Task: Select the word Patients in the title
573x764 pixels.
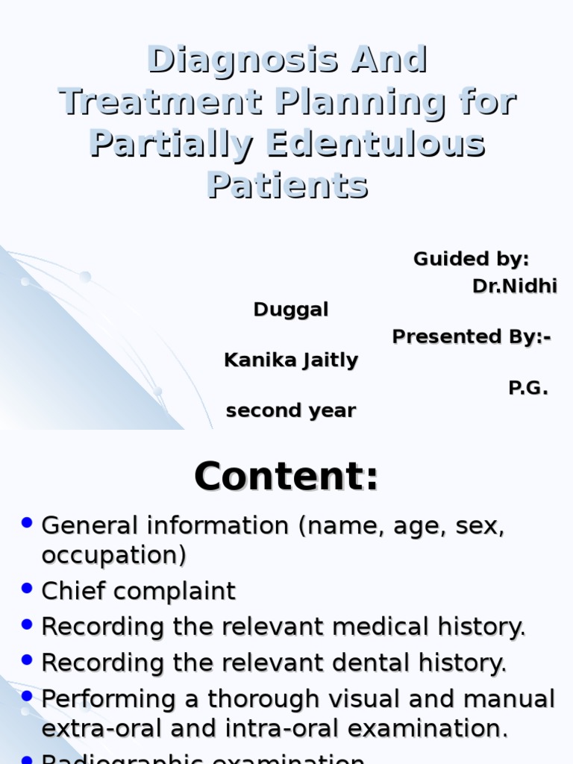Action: pos(287,185)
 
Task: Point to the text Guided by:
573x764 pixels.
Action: pos(471,259)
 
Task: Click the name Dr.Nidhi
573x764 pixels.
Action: pos(515,286)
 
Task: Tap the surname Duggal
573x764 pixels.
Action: pos(291,310)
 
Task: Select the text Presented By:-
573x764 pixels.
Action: pos(472,336)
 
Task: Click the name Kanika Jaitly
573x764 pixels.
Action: pos(291,361)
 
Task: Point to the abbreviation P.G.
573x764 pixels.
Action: pos(528,387)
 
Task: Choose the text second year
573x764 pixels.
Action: pos(291,410)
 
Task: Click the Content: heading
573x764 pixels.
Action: pos(286,477)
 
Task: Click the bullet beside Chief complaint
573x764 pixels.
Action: pos(28,589)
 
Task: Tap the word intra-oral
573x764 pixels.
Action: pos(295,728)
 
